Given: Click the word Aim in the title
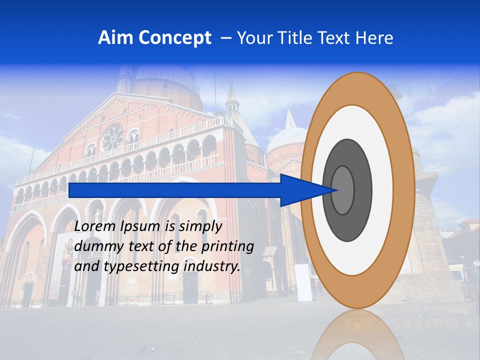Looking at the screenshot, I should click(x=115, y=38).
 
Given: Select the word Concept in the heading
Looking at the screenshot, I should click(x=175, y=38).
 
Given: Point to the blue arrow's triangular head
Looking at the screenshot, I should click(x=305, y=190).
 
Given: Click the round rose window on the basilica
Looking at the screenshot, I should click(x=113, y=137).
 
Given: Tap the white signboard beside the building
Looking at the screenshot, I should click(x=304, y=282).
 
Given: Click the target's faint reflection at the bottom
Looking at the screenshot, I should click(x=357, y=335).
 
